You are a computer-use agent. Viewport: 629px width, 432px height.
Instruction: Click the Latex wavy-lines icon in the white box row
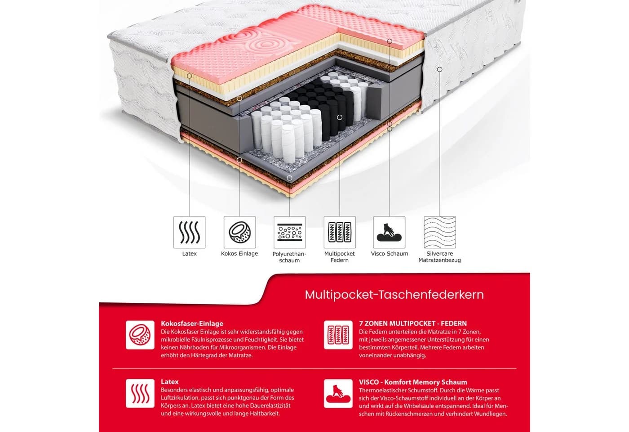(189, 232)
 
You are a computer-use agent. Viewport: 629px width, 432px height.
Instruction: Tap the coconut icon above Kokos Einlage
(239, 232)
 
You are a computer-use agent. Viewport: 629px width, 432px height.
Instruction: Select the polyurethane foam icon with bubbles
(289, 232)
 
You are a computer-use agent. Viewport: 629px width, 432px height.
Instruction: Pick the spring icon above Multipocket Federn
(340, 232)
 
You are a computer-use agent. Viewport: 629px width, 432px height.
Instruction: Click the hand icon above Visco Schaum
(389, 232)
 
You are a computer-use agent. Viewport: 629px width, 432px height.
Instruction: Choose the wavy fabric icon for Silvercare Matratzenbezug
(440, 232)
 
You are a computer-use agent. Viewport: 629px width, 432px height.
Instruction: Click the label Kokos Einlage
(239, 253)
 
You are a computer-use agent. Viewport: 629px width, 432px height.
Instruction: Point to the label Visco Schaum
(389, 253)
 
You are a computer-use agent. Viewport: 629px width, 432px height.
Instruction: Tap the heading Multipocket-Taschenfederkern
(394, 295)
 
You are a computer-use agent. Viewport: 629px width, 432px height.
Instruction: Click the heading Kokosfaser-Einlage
(192, 324)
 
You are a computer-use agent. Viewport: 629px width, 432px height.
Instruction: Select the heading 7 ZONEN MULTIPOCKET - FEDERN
(413, 324)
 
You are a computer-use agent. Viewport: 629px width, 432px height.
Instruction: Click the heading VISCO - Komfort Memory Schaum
(413, 382)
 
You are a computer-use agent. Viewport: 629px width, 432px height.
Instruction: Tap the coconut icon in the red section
(140, 335)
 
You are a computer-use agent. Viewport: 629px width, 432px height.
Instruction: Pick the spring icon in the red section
(338, 335)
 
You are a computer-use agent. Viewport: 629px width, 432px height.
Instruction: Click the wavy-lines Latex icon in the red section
(140, 393)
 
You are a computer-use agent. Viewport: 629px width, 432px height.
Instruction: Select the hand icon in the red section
(338, 393)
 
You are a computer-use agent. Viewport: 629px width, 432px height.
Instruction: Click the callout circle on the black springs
(340, 117)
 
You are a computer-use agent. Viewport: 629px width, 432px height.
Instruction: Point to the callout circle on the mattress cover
(440, 69)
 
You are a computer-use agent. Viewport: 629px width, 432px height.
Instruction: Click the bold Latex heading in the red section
(170, 382)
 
